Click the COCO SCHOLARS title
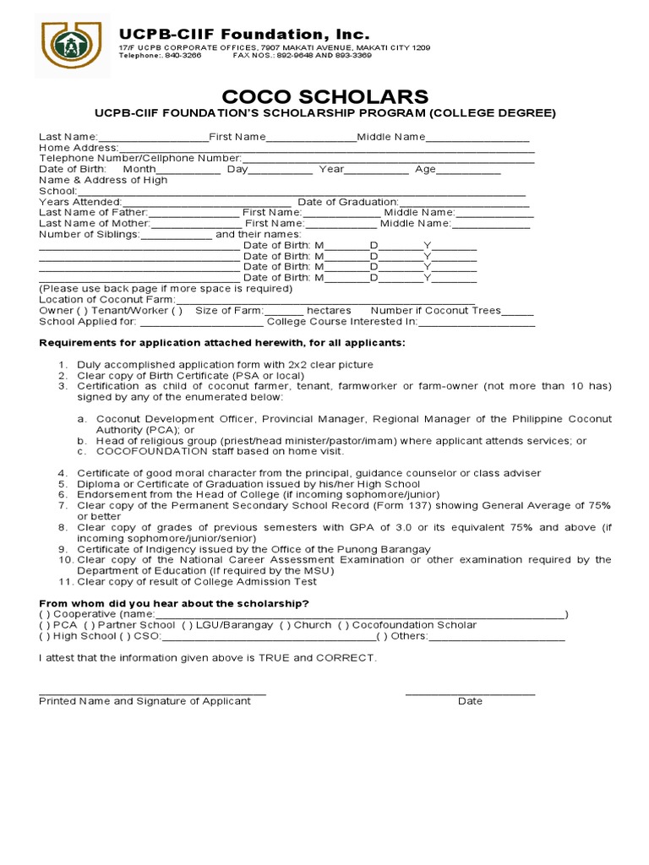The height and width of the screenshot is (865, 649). (324, 96)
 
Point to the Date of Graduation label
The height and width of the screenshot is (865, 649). (347, 202)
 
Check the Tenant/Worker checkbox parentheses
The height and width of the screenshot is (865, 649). (177, 310)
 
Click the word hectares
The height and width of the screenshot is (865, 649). (329, 310)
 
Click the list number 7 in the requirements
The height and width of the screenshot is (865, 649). (62, 505)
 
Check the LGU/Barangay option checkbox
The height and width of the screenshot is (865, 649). (186, 625)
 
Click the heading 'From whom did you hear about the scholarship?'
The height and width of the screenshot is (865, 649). (174, 603)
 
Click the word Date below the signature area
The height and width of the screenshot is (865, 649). (470, 701)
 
